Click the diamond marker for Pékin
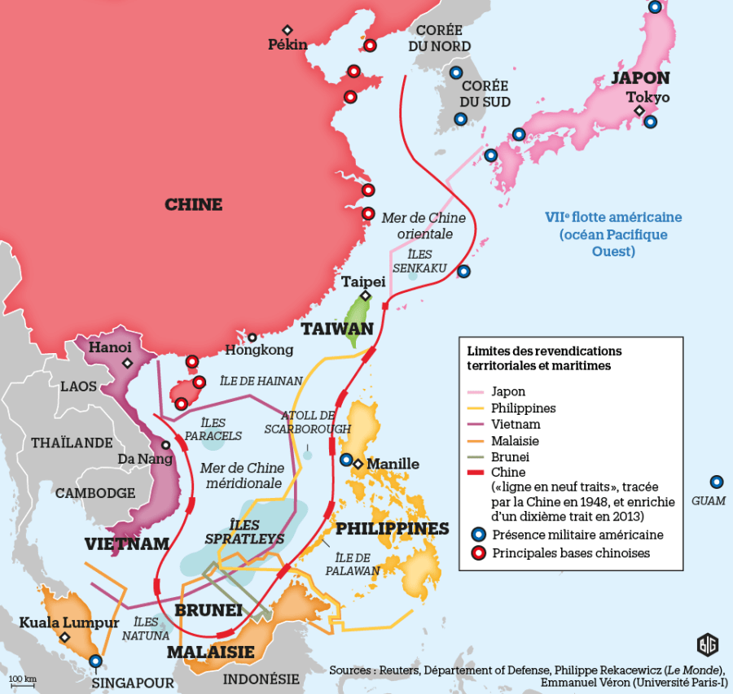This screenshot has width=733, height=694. point(287,30)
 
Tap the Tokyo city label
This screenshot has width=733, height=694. point(647,97)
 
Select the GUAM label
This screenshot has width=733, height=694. point(708,500)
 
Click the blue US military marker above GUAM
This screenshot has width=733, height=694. point(716,482)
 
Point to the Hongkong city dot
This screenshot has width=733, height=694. point(252,337)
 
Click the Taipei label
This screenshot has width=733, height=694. point(363,282)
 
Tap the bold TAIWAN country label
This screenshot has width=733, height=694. point(337,329)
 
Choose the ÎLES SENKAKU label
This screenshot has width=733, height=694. point(414,260)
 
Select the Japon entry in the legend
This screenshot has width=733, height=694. point(508,391)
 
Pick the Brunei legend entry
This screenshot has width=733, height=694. point(510,456)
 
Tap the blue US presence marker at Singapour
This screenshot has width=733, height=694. point(96,661)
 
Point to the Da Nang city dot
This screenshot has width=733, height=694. point(166,445)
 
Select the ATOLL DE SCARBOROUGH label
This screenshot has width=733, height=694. point(307,422)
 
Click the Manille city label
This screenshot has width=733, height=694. point(393,464)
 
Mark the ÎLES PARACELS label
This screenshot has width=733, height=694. point(213,430)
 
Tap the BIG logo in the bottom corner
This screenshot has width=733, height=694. point(708,645)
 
